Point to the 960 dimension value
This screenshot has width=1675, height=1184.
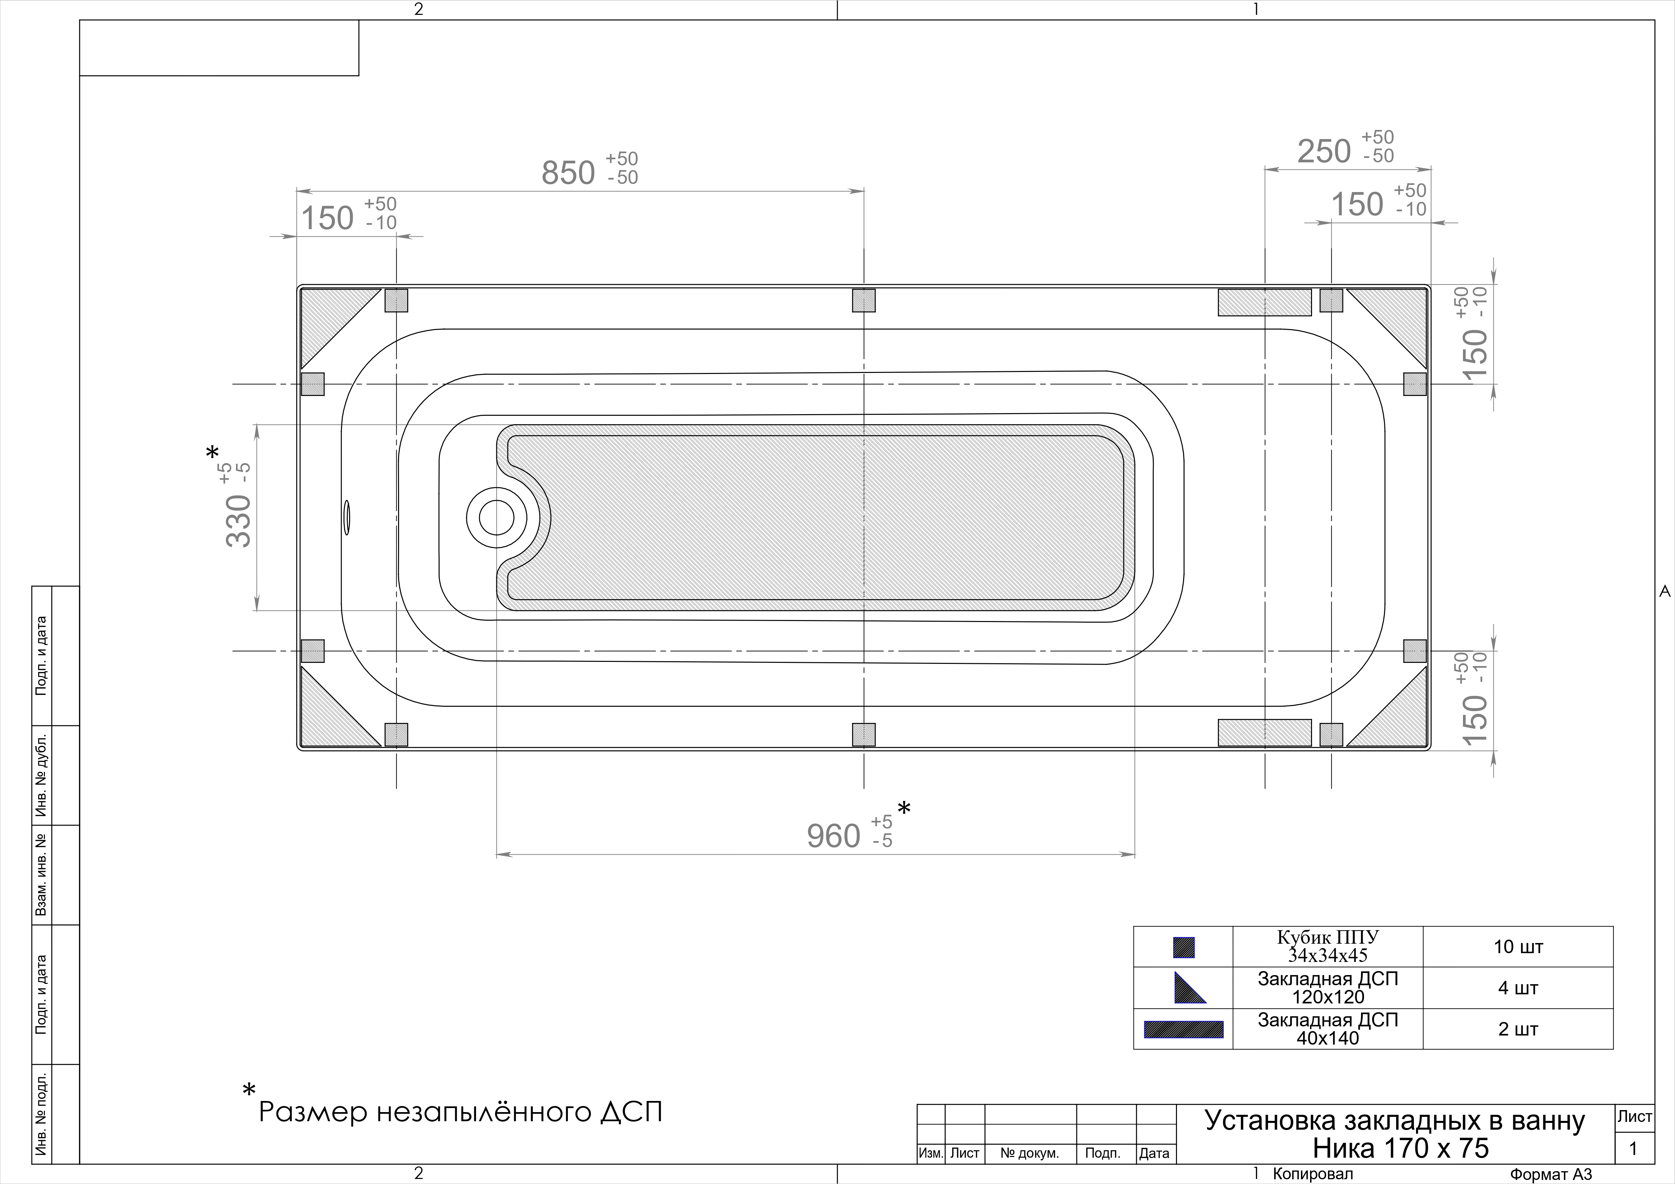(x=834, y=836)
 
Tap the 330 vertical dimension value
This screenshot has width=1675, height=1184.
(x=239, y=520)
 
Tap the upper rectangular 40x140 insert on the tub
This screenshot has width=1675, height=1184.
(x=1264, y=302)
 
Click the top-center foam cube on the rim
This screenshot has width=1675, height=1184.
(x=864, y=300)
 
